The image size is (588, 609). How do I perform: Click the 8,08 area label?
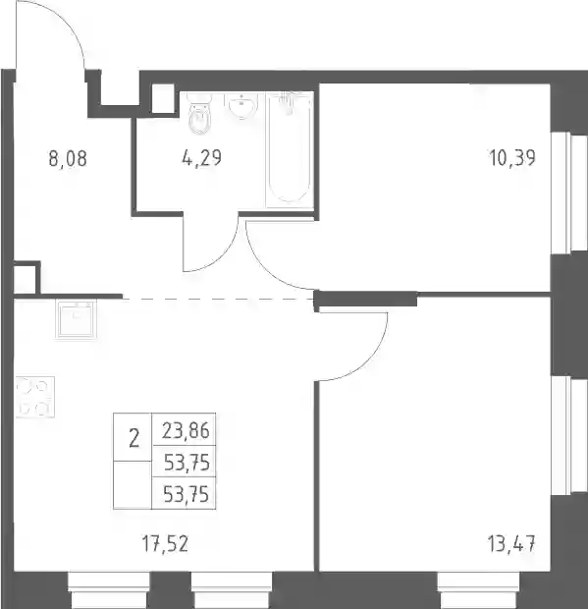click(x=68, y=158)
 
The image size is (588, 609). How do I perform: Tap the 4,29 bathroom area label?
click(x=201, y=158)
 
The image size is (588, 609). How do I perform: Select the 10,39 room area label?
click(x=512, y=158)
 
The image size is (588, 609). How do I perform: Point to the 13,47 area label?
click(x=512, y=543)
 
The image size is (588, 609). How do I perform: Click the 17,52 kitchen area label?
click(x=165, y=544)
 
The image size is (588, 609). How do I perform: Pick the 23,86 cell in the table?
click(x=186, y=431)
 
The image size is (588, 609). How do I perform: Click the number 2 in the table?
click(x=134, y=440)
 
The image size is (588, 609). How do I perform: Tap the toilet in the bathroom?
click(x=200, y=114)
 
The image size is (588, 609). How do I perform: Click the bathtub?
click(x=290, y=149)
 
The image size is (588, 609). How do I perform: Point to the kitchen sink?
click(x=76, y=319)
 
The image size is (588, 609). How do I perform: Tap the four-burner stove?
click(x=34, y=397)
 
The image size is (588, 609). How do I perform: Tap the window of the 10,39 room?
click(x=569, y=194)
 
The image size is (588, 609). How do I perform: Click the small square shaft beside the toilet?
click(x=163, y=98)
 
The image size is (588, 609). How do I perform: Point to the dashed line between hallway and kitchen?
click(x=219, y=299)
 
